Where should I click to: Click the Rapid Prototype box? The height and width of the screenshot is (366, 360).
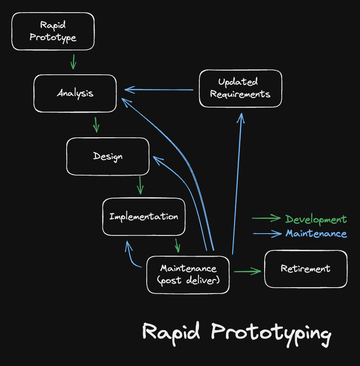coord(53,31)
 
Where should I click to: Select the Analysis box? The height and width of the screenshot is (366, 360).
coord(75,93)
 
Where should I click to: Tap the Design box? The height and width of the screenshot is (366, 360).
coord(108,156)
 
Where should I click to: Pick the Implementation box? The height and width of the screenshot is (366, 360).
coord(144,217)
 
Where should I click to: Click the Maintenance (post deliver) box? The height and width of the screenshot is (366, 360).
coord(188,274)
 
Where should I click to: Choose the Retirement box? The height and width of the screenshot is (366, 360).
coord(306,269)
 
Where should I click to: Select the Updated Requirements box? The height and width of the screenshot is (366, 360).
coord(240,88)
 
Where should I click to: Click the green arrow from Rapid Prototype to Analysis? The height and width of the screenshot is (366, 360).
coord(73,62)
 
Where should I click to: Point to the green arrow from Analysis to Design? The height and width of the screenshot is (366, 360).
coord(96,125)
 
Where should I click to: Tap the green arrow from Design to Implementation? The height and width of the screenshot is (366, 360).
coord(140,185)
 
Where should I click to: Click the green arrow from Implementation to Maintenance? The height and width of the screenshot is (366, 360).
coord(177,245)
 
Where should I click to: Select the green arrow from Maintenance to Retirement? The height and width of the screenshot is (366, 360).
coord(247,271)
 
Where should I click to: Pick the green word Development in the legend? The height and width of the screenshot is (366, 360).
coord(316,219)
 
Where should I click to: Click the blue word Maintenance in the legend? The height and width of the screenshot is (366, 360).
coord(316,233)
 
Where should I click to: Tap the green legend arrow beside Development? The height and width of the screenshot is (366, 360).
coord(266,218)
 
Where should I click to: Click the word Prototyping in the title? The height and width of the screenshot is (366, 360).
coord(271,332)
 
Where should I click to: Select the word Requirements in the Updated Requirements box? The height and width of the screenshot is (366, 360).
coord(240,94)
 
